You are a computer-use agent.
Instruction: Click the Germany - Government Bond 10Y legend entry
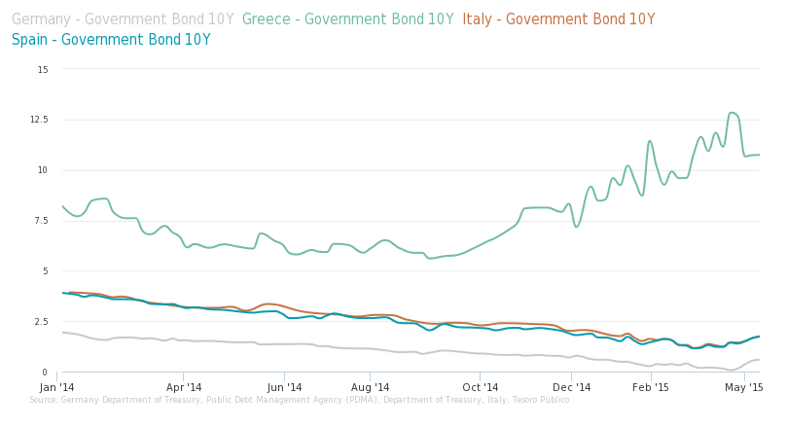pos(123,19)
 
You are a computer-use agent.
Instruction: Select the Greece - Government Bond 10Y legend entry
pos(347,19)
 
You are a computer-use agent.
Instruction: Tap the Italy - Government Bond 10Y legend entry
pos(558,19)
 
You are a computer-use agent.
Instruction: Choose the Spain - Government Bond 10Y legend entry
pos(111,40)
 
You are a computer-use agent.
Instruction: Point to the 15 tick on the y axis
pos(42,70)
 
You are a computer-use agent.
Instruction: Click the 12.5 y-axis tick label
pos(39,120)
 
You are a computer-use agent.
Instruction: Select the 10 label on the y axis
pos(42,170)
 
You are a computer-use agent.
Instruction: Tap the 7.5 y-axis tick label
pos(40,221)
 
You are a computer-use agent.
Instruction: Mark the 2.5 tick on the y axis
pos(40,322)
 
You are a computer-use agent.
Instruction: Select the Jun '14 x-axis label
pos(285,387)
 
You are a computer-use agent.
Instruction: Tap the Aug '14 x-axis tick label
pos(370,387)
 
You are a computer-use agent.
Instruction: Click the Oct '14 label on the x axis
pos(480,387)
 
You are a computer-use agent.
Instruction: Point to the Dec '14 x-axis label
pos(572,387)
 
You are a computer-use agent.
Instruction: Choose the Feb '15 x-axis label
pos(651,387)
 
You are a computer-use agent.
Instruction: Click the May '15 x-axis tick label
pos(743,387)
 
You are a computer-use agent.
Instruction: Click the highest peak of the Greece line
pos(733,113)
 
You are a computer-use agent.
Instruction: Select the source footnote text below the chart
pos(300,400)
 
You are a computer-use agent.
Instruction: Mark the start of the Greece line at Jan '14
pos(62,205)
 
